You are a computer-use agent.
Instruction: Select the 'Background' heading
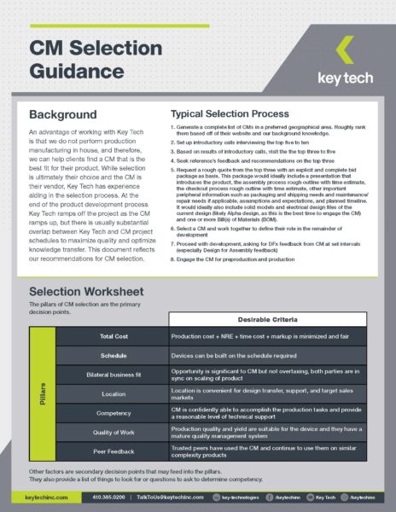click(63, 114)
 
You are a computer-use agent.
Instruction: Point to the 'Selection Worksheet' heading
click(86, 293)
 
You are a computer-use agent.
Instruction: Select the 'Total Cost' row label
click(113, 337)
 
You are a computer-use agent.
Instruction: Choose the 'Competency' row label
click(113, 413)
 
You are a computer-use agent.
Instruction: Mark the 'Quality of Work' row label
click(113, 432)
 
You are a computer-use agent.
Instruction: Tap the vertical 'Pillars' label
click(43, 394)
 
